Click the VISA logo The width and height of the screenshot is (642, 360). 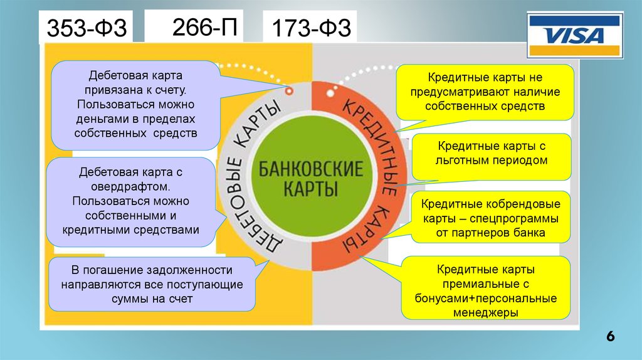[575, 36]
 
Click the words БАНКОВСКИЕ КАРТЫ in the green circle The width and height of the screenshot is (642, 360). [311, 178]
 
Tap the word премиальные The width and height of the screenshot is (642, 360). [486, 283]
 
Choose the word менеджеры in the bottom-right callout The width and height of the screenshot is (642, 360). [486, 311]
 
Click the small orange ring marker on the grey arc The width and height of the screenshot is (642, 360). [289, 91]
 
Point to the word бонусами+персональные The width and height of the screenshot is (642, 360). [486, 297]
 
